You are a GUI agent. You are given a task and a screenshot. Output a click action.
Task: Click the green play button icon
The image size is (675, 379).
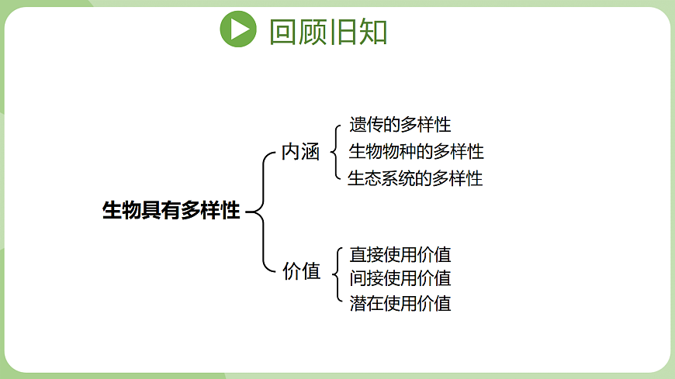click(x=238, y=29)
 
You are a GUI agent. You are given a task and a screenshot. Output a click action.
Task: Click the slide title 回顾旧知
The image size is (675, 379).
click(x=327, y=31)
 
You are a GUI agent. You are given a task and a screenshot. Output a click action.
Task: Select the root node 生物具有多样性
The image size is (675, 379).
click(x=171, y=210)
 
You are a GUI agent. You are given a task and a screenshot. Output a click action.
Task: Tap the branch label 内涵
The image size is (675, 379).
click(x=300, y=152)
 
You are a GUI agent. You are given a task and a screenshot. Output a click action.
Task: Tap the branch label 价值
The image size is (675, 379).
click(x=301, y=270)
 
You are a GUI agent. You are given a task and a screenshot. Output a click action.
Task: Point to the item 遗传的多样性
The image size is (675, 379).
click(x=400, y=124)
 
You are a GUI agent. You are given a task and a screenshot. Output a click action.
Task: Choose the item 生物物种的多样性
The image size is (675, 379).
click(x=416, y=151)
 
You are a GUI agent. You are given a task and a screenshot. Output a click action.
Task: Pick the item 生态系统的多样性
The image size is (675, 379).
click(x=415, y=178)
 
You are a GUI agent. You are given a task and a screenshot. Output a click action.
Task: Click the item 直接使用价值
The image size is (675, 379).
click(x=400, y=254)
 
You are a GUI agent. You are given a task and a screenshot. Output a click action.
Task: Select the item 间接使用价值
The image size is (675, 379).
click(x=400, y=277)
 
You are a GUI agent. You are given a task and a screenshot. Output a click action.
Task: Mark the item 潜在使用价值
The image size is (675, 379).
click(x=400, y=302)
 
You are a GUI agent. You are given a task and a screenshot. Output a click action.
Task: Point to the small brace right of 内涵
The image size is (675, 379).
click(x=334, y=151)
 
